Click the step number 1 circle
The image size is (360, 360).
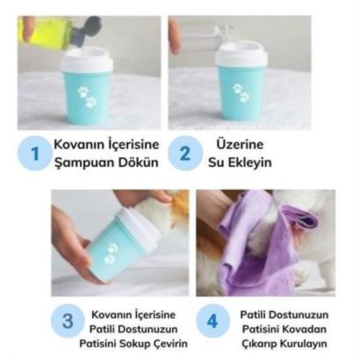coord(34,154)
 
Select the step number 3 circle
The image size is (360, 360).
coord(67,321)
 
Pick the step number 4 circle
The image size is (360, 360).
coord(213,321)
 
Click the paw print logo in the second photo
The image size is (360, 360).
coord(240,94)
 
